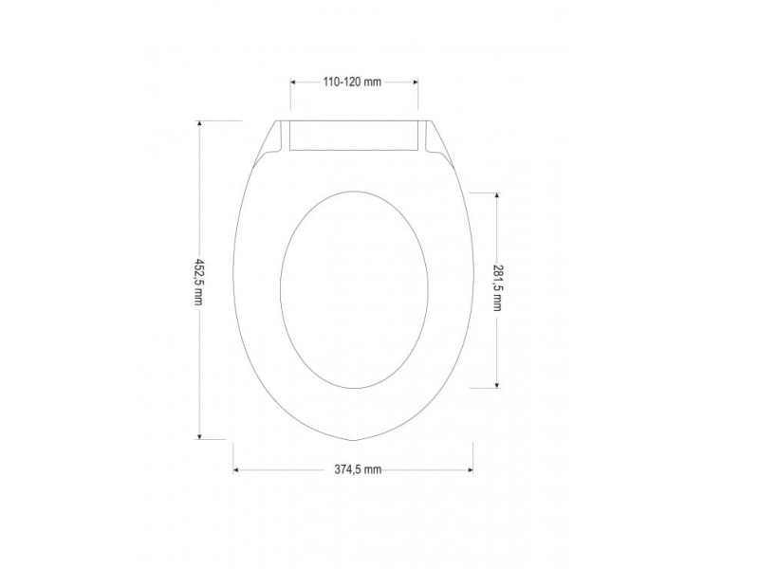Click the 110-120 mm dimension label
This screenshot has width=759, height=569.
pyautogui.click(x=352, y=83)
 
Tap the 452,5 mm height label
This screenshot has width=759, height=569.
pyautogui.click(x=198, y=282)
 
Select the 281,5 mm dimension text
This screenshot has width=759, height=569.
pyautogui.click(x=497, y=289)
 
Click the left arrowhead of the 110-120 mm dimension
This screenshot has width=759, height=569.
pyautogui.click(x=293, y=83)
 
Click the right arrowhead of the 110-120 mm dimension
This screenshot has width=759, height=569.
pyautogui.click(x=415, y=83)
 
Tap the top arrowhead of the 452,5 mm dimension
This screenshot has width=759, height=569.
pyautogui.click(x=198, y=124)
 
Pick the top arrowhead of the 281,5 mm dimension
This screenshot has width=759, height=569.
pyautogui.click(x=497, y=195)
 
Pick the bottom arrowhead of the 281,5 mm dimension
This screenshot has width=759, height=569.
pyautogui.click(x=497, y=384)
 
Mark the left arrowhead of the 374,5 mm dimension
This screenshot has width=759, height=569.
pyautogui.click(x=237, y=469)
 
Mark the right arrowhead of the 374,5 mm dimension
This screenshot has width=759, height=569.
pyautogui.click(x=469, y=469)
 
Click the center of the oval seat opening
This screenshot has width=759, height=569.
pyautogui.click(x=351, y=290)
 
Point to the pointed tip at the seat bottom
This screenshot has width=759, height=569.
pyautogui.click(x=353, y=441)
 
